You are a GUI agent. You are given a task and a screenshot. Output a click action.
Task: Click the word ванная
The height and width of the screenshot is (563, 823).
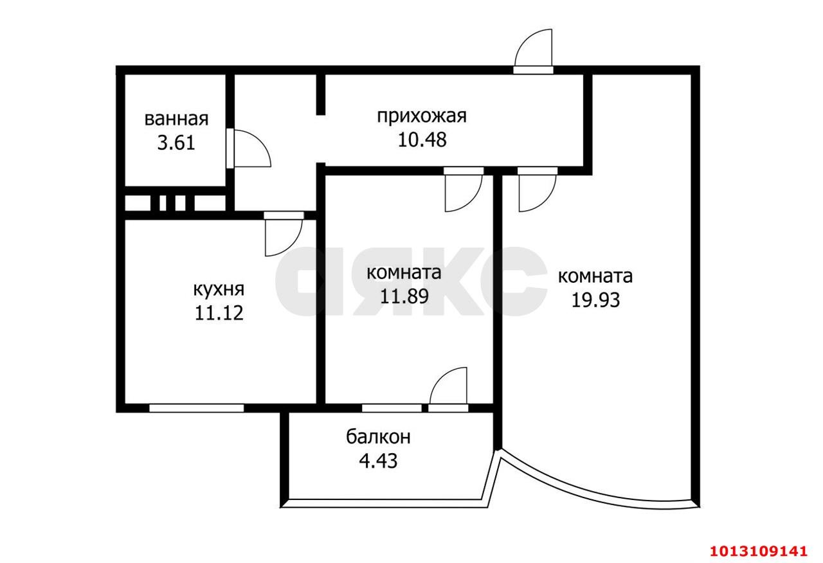tap(176, 119)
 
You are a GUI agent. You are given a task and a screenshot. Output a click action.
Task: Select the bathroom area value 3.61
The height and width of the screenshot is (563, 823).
tap(176, 142)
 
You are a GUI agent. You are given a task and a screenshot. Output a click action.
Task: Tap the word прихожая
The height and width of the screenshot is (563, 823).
tap(421, 116)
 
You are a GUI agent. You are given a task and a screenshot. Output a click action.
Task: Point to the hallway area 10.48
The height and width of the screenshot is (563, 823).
tap(422, 139)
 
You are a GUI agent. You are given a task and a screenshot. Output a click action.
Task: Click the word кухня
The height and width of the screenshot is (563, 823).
tap(219, 289)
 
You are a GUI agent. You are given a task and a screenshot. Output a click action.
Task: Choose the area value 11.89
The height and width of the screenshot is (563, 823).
tap(404, 296)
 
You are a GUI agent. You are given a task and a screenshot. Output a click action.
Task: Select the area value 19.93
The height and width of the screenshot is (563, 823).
tap(595, 299)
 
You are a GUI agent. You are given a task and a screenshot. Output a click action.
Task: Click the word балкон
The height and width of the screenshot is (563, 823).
tap(379, 437)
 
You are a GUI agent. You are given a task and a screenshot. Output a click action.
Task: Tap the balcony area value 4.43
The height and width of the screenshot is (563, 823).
tap(379, 461)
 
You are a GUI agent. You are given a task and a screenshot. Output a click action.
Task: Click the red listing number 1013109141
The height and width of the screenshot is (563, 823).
tap(758, 551)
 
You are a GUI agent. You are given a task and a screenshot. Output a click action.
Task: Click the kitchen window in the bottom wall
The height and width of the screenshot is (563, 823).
tap(197, 407)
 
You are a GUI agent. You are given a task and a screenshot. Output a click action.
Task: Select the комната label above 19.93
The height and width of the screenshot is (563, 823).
tap(595, 276)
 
